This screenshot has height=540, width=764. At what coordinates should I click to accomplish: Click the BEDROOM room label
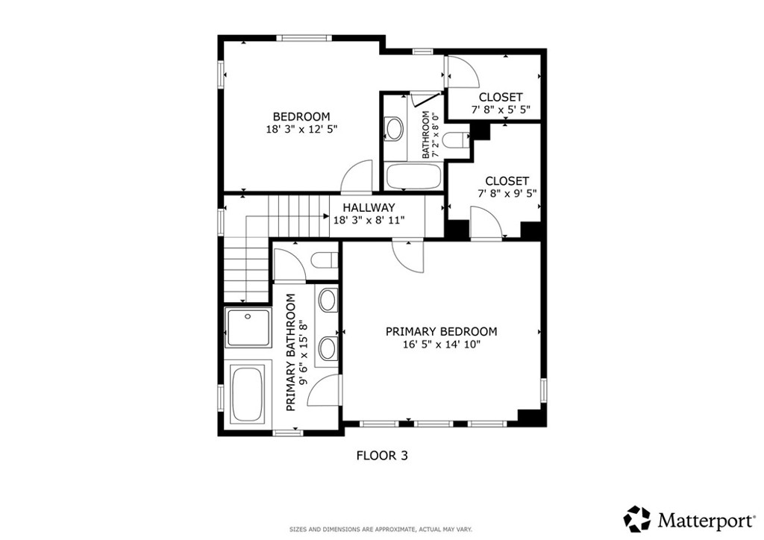(301, 116)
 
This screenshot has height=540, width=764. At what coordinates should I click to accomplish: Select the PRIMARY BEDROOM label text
(441, 331)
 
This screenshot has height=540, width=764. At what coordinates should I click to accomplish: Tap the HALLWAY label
(369, 207)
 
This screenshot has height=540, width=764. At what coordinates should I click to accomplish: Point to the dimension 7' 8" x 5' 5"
(501, 110)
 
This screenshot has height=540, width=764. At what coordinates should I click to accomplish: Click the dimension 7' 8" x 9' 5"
(507, 194)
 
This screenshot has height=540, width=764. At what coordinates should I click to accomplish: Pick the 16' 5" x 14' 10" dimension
(441, 344)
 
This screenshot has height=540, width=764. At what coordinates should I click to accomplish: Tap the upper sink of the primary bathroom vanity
(327, 301)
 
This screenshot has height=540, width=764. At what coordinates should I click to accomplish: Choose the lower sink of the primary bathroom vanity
(327, 348)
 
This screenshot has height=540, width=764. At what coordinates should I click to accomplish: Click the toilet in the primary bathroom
(324, 260)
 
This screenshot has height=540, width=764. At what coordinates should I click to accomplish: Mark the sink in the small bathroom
(393, 129)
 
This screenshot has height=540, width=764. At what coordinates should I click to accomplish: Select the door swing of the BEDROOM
(357, 178)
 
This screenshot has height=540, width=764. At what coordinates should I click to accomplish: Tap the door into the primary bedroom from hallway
(408, 257)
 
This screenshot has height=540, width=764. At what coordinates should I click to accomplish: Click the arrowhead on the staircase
(327, 217)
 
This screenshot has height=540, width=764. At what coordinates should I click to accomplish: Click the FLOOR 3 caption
(381, 454)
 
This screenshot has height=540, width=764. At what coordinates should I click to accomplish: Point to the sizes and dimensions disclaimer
(381, 530)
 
